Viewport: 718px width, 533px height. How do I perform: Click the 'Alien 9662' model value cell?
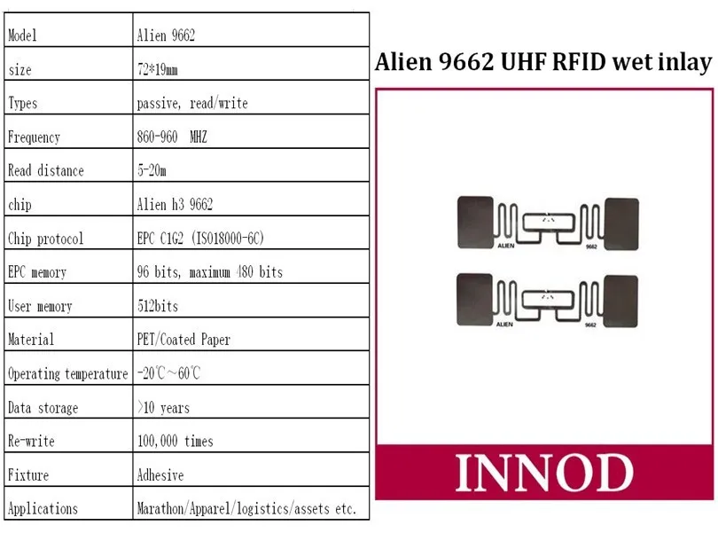(x=166, y=35)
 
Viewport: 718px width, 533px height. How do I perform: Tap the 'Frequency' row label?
(x=34, y=137)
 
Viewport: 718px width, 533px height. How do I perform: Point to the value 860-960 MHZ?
(x=172, y=137)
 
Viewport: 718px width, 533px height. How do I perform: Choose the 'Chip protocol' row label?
(x=45, y=239)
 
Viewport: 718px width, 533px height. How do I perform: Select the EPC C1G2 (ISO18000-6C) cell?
(x=200, y=239)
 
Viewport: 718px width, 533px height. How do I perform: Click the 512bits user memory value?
(x=158, y=306)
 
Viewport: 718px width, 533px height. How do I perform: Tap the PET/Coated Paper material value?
(x=183, y=340)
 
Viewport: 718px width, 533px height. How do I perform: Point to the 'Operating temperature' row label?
(x=67, y=373)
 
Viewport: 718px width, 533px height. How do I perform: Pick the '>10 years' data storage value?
(x=163, y=408)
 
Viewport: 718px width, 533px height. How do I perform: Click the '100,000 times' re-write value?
(x=175, y=441)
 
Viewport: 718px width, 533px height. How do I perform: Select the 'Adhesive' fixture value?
(x=160, y=475)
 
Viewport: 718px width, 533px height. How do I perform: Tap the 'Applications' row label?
(x=43, y=509)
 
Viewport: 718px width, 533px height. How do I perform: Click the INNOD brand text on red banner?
(x=544, y=473)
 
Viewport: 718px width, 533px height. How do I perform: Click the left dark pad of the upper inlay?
(x=474, y=222)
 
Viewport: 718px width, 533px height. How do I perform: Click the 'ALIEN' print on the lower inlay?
(x=503, y=325)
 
